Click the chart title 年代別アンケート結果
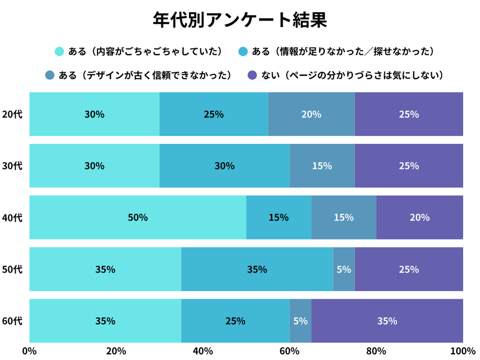click(239, 19)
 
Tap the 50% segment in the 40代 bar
click(138, 218)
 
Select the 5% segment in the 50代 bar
click(344, 269)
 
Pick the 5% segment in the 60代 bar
click(300, 321)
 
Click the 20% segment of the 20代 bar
click(311, 114)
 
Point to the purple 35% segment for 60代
click(387, 321)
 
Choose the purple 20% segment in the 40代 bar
click(419, 218)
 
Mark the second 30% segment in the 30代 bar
click(225, 166)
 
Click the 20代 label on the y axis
click(12, 114)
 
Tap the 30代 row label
click(12, 166)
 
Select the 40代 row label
click(12, 218)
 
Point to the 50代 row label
click(12, 269)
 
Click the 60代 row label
click(12, 321)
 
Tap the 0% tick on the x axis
click(29, 351)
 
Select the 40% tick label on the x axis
click(203, 351)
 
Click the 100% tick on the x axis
click(463, 351)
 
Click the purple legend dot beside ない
click(252, 76)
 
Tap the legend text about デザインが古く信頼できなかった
click(145, 76)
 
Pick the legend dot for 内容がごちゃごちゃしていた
click(59, 51)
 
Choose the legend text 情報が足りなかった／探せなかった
click(343, 51)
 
